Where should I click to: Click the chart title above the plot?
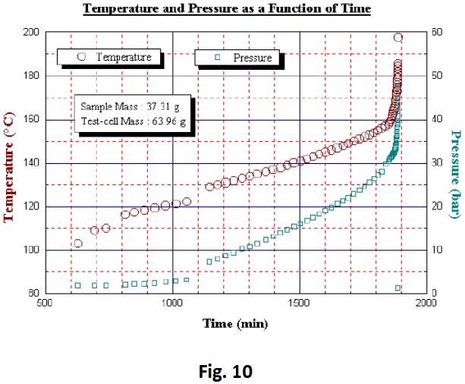click(227, 10)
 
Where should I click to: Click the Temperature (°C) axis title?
click(11, 165)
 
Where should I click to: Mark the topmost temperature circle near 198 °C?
click(398, 37)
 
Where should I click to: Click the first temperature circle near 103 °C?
click(77, 244)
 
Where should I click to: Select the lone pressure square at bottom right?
click(398, 288)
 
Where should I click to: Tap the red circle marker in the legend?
click(83, 57)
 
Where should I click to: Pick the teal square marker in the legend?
click(218, 57)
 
